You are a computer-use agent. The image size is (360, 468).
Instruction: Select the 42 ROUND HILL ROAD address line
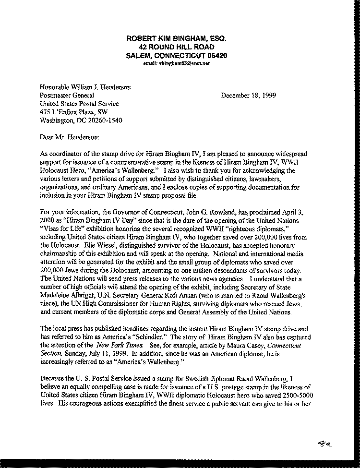pos(176,47)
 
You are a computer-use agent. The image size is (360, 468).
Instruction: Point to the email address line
pos(176,63)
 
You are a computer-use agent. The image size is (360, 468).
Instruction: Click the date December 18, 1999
pos(248,95)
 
